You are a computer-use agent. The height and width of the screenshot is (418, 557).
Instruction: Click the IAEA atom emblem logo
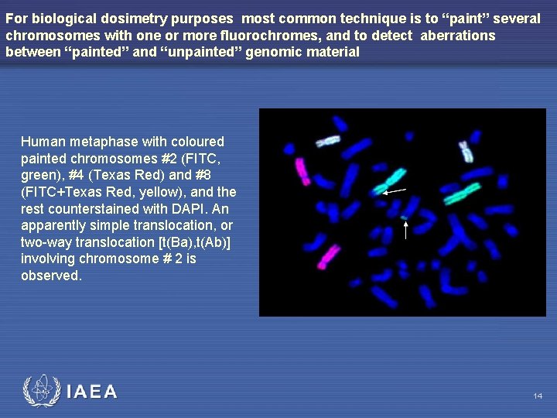point(41,392)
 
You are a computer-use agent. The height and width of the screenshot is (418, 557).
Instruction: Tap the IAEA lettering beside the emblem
point(92,392)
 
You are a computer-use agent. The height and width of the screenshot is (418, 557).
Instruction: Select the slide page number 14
point(538,396)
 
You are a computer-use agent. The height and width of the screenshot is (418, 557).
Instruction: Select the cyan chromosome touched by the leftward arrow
point(390,180)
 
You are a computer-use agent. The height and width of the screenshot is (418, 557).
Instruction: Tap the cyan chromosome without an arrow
point(462,192)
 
